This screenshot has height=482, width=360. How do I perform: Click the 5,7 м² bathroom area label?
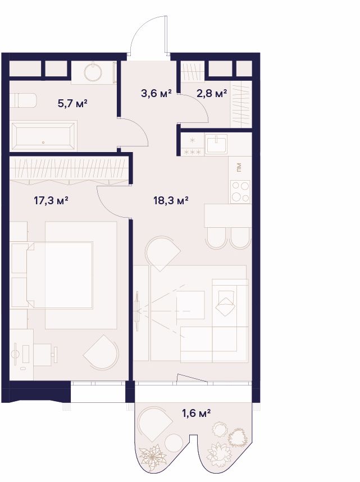(x=72, y=103)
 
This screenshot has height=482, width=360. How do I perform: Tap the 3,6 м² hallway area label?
(x=156, y=93)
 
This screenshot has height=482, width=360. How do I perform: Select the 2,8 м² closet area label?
(x=212, y=93)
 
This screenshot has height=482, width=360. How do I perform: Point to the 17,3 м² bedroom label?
(x=51, y=201)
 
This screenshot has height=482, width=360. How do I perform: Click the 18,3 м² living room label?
(x=171, y=201)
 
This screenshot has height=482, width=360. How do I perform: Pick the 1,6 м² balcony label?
(x=197, y=413)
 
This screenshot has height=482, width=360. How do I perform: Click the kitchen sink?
(x=217, y=144)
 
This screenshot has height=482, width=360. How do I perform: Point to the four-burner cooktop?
(x=240, y=192)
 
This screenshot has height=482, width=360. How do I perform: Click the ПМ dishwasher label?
(x=239, y=167)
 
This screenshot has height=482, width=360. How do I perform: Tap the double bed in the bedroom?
(x=60, y=275)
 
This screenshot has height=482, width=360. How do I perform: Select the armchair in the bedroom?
(x=101, y=352)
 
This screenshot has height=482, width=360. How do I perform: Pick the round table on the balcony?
(x=174, y=443)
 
